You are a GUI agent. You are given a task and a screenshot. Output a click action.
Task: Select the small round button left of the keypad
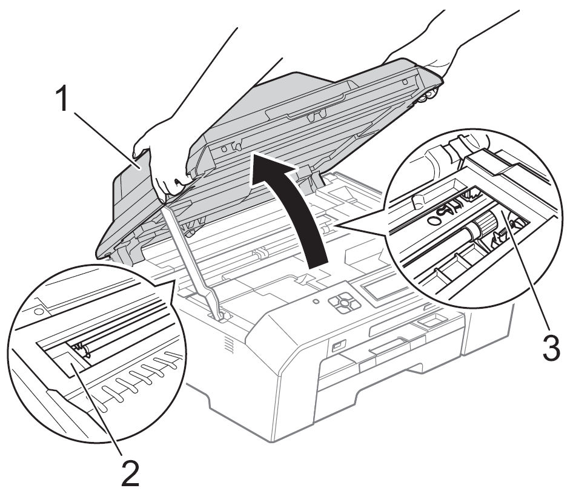316,300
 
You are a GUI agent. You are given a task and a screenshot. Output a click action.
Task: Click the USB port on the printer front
336,347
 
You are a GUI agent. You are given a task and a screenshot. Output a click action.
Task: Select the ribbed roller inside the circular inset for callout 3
479,228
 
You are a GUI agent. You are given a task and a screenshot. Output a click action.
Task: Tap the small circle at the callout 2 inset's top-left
38,311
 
